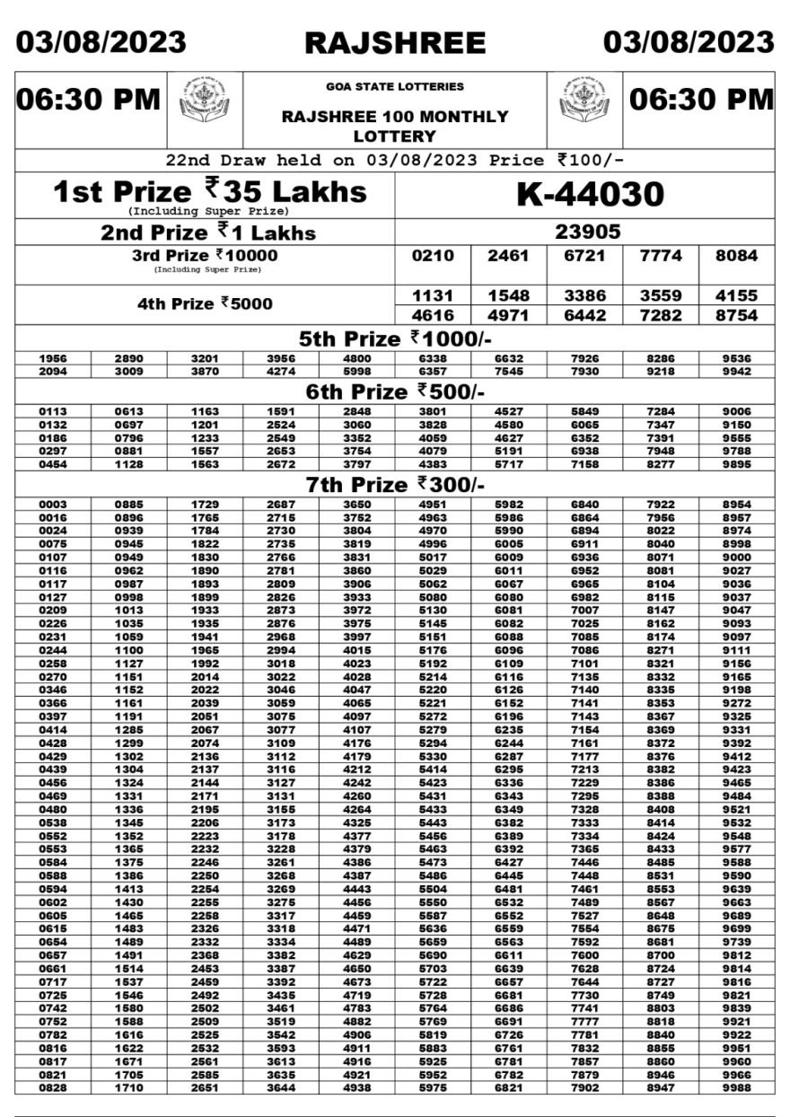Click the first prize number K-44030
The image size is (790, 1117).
pos(589,194)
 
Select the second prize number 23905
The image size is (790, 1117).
pos(588,232)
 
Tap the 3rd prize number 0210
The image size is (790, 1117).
pos(434,256)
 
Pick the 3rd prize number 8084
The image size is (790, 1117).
pos(735,256)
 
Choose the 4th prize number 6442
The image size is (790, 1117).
pos(584,315)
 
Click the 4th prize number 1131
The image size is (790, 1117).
pos(434,295)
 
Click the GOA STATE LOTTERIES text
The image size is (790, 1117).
pos(395,87)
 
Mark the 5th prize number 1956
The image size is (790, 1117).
pos(53,358)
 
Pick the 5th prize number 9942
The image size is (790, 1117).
pos(736,370)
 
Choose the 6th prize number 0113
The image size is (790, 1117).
pos(53,412)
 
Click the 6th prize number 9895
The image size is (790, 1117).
pos(736,464)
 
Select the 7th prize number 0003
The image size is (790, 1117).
pos(53,505)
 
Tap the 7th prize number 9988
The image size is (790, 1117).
pos(736,1087)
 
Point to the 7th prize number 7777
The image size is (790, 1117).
pos(660,1023)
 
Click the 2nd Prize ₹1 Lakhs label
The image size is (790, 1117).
pos(208,233)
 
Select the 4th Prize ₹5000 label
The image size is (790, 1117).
pos(205,303)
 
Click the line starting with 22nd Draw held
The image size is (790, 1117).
pos(395,161)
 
